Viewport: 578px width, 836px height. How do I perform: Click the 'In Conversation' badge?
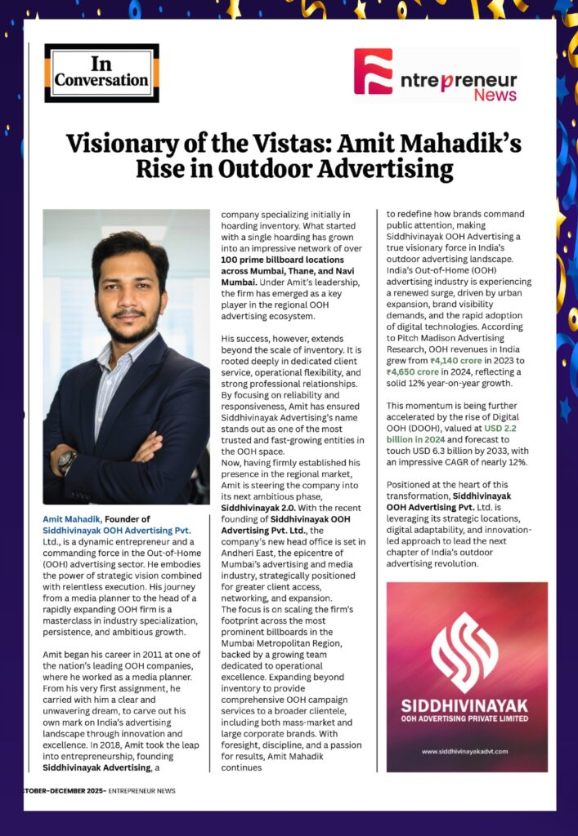point(101,73)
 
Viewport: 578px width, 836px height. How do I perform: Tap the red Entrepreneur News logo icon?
point(373,71)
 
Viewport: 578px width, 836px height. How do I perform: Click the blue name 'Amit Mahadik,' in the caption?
point(71,519)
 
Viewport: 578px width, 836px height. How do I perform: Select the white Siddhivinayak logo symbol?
point(465,643)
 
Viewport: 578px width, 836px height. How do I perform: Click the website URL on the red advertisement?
point(465,751)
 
